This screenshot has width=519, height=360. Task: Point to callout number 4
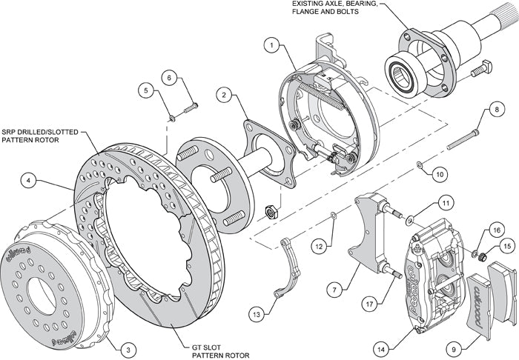[x=27, y=179]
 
